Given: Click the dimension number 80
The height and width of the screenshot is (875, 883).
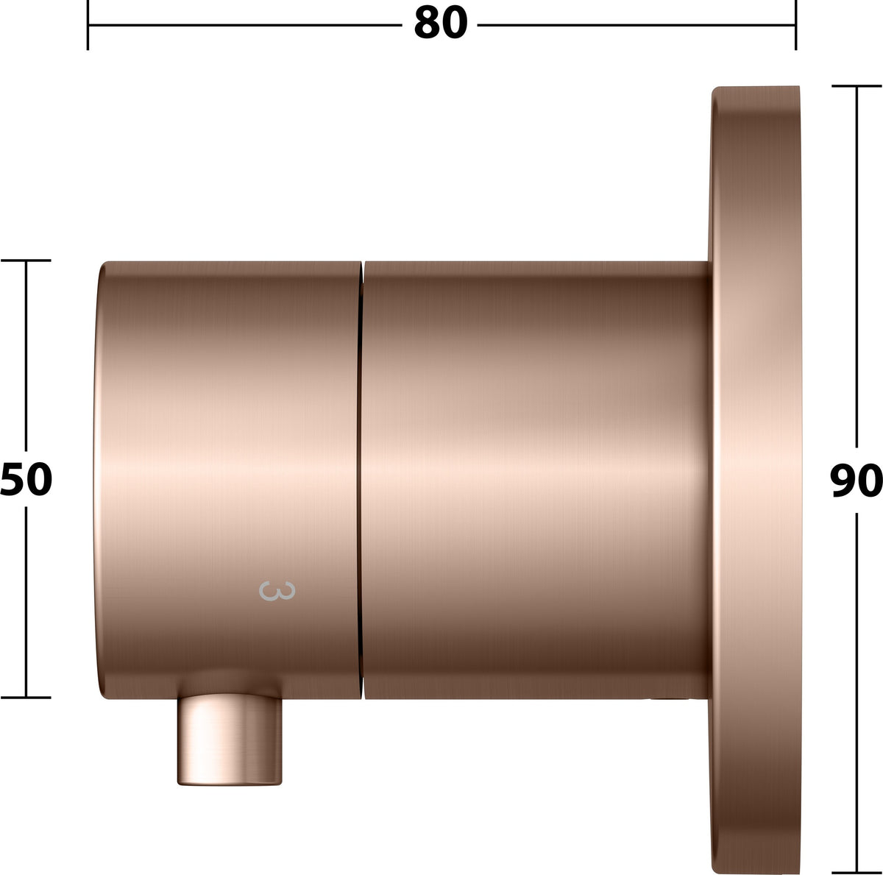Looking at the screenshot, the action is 440,23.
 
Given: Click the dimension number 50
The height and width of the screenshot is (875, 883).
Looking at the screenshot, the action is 26,479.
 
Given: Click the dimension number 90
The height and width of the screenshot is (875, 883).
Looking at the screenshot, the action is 856,481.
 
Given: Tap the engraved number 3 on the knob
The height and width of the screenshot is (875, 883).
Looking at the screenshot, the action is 277,591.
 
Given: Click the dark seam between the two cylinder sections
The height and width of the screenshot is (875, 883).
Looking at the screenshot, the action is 361,479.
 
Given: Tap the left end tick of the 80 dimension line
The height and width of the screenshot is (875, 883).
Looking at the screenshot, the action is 88,25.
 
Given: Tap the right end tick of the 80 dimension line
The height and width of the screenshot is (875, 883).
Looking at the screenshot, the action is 796,25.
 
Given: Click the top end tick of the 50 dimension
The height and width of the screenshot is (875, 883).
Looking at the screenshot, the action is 26,261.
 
